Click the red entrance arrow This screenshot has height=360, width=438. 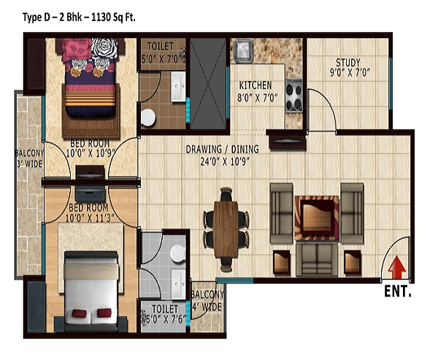tap(396, 268)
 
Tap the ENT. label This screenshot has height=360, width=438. tap(398, 291)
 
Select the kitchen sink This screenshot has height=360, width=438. tap(243, 51)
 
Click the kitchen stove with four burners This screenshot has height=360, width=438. tap(294, 96)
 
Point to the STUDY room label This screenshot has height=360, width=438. tap(348, 62)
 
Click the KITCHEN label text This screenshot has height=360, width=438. tap(255, 85)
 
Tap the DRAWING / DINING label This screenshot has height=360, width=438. tap(223, 149)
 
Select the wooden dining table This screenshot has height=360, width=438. tap(226, 229)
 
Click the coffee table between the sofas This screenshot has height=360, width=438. tap(317, 218)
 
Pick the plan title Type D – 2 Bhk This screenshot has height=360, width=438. tap(53, 18)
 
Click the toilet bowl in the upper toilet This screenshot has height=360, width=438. tap(148, 117)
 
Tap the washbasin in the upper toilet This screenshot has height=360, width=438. tap(178, 86)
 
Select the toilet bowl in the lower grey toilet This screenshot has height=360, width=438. tap(177, 253)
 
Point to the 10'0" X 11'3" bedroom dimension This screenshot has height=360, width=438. tap(89, 218)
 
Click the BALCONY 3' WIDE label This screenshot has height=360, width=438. tap(29, 158)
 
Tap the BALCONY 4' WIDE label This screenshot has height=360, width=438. tap(207, 301)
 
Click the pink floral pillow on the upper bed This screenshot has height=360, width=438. tap(77, 50)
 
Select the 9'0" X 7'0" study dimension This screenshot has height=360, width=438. tap(350, 72)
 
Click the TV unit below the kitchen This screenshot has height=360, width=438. tap(288, 142)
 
